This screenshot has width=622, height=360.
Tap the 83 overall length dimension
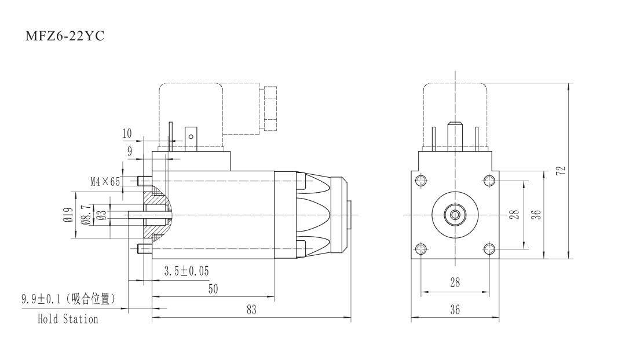coord(251,310)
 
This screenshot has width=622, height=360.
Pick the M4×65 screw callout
coord(105,182)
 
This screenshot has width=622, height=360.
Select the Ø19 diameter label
coord(67,215)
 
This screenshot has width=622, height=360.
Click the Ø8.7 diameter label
coord(86,215)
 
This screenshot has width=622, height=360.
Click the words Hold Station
coord(68,319)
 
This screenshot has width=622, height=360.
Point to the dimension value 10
coord(127,134)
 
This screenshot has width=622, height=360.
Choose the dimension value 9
coord(130,150)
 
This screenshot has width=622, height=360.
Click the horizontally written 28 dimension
coord(455,283)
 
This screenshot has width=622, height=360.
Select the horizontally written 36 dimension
coord(455,310)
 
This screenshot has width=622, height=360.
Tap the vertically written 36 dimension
coord(537,215)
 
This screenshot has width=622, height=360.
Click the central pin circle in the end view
coord(455,215)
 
